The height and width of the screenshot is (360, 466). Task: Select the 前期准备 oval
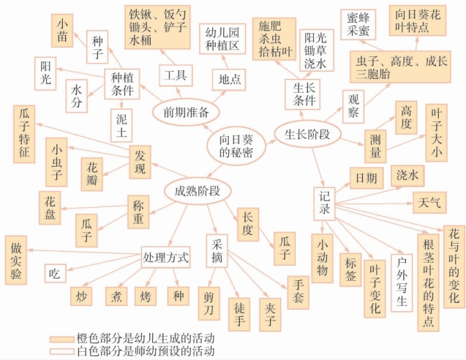tap(183, 111)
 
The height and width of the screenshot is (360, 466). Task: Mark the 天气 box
tap(426, 200)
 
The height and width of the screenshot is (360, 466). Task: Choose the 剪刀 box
tap(211, 299)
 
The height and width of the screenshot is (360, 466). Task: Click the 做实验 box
tap(16, 259)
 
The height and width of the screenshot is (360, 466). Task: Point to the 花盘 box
tap(50, 204)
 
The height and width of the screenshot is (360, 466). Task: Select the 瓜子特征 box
tap(24, 133)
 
